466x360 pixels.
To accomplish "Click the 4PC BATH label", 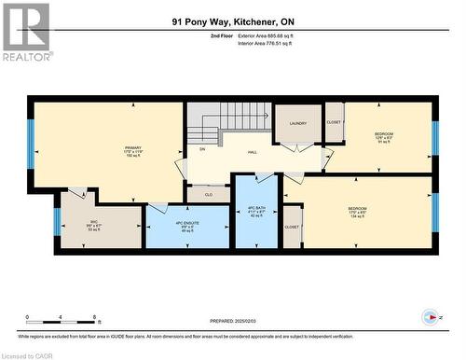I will point(256,211).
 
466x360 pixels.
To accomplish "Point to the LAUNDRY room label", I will point(297,123).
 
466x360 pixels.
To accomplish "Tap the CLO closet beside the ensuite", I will point(210,194).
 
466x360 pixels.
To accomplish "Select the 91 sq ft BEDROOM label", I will point(384,138).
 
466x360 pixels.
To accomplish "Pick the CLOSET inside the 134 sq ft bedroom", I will point(292,227).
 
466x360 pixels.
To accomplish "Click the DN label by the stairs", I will point(201,148).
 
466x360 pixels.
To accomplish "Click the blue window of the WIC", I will point(57,220).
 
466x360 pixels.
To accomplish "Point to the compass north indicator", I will point(431,314).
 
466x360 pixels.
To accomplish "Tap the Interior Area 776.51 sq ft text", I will point(271,42).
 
